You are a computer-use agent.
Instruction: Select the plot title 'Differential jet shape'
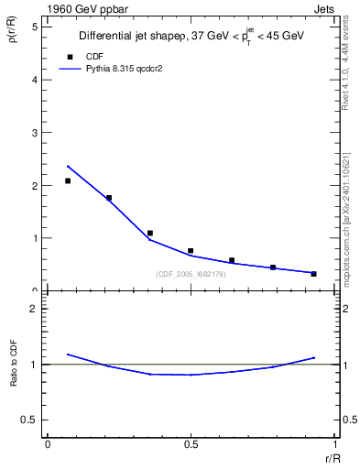129,36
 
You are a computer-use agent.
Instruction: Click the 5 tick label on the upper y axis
35,27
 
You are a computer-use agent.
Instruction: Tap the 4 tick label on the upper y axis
35,80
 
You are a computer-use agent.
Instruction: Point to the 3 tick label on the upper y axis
35,133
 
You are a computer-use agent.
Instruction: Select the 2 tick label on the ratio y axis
35,309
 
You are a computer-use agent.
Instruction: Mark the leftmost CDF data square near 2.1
68,180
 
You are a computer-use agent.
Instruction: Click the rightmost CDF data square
313,274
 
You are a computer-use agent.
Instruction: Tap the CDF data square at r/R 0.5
191,251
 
